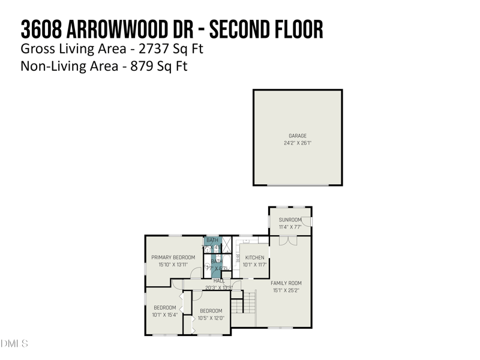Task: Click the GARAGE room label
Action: coord(298,136)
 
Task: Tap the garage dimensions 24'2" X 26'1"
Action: coord(298,143)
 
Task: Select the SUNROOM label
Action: coord(290,220)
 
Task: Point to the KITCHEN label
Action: coord(254,258)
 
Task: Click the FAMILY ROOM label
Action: coord(286,283)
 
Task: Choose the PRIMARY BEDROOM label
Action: coord(173,257)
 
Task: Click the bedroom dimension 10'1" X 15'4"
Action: coord(164,314)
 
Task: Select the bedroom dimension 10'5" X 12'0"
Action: coord(211,318)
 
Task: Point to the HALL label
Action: coord(219,281)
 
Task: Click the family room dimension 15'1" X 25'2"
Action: coord(286,290)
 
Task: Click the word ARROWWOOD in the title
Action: coord(124,28)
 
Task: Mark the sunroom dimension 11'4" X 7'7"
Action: coord(290,227)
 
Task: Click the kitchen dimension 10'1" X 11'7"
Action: coord(254,265)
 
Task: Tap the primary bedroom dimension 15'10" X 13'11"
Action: coord(173,265)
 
